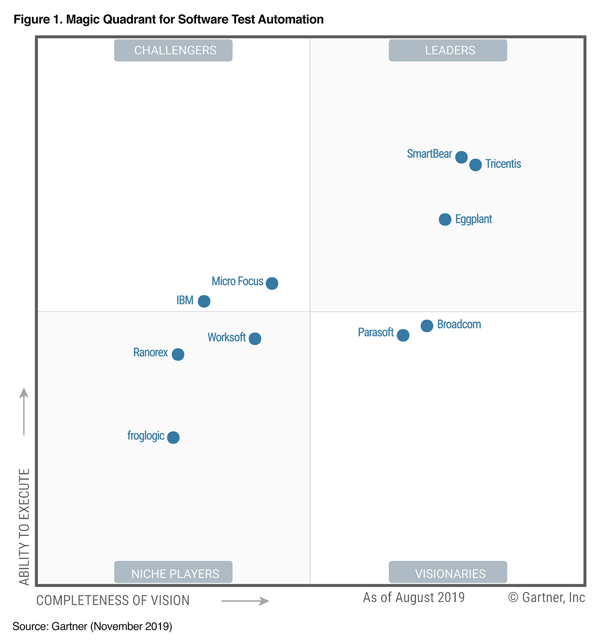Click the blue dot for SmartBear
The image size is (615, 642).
(x=461, y=157)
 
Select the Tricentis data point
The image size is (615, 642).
(x=475, y=165)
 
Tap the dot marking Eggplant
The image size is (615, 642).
(x=445, y=219)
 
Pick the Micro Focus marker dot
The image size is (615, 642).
(x=272, y=283)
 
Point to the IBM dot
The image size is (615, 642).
(x=204, y=301)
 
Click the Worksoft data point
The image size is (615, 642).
(x=255, y=338)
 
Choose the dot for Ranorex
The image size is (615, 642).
(x=178, y=354)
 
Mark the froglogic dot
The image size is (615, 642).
(x=173, y=437)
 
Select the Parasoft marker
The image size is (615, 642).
(x=403, y=335)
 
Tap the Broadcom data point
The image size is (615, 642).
(x=427, y=326)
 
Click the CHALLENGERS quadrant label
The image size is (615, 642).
(x=173, y=50)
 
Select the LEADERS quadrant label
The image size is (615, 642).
(x=448, y=50)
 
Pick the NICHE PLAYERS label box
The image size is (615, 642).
(x=173, y=572)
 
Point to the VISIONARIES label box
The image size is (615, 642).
(x=448, y=572)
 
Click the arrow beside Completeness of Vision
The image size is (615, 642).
(x=245, y=601)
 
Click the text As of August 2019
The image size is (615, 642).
(x=414, y=597)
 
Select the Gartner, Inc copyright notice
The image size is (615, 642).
(x=547, y=597)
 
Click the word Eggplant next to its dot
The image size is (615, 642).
(x=474, y=219)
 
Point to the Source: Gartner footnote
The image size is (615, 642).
(x=92, y=626)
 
